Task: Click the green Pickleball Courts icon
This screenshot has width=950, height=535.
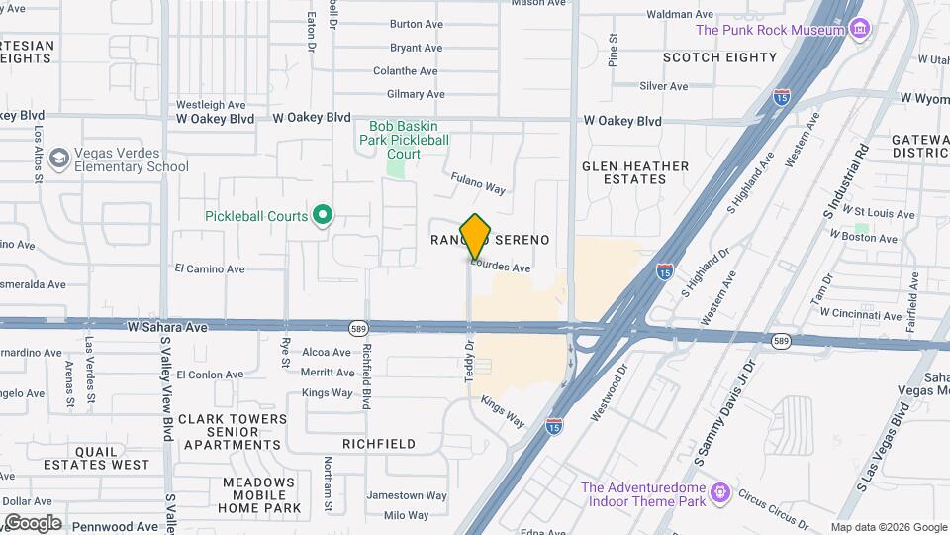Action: coord(322,215)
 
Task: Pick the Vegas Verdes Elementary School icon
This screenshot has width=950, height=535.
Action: coord(60,159)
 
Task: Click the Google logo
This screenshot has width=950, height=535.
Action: coord(33,523)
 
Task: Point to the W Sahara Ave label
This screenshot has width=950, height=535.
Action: coord(167,326)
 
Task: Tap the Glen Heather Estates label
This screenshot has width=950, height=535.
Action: coord(634,172)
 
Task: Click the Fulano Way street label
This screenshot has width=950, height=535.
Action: coord(478,183)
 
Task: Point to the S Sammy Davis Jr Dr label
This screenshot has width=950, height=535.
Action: coord(725,400)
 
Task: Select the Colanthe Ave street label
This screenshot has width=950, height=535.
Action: coord(405,71)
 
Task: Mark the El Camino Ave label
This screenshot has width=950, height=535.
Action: coord(209,268)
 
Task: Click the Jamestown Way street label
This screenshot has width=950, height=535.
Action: coord(407,495)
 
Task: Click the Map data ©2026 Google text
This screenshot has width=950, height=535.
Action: coord(888,527)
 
